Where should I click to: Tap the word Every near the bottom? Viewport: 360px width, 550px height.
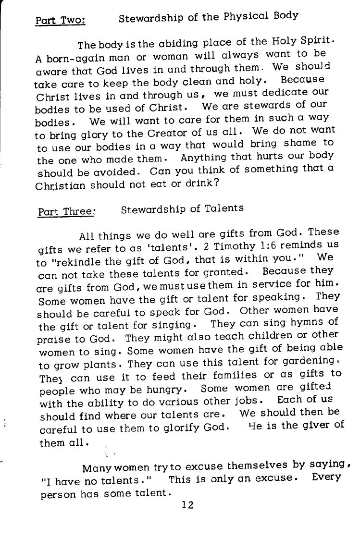[x=326, y=477]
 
